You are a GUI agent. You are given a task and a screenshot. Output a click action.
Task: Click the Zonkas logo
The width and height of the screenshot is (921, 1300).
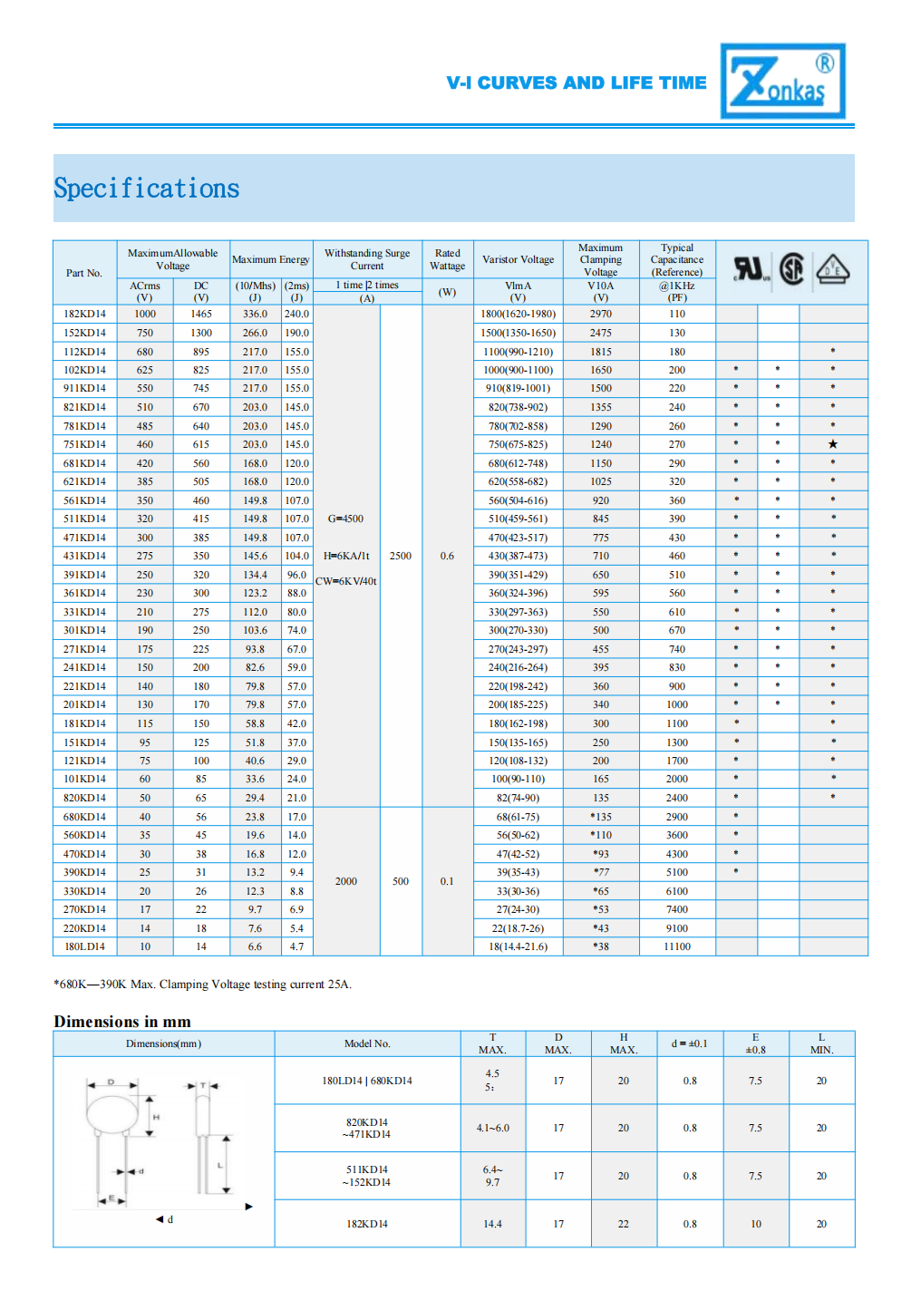click(782, 81)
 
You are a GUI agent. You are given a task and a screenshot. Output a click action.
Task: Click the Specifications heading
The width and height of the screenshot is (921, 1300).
click(147, 189)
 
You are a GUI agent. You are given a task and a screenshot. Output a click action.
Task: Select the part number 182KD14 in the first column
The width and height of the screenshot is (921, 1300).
click(84, 315)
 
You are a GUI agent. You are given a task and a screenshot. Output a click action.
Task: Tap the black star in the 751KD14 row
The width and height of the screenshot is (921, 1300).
click(832, 444)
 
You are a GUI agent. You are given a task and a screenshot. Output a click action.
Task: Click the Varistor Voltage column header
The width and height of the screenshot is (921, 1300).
click(518, 260)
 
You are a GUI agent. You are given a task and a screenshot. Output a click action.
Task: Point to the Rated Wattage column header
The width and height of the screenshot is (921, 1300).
click(447, 260)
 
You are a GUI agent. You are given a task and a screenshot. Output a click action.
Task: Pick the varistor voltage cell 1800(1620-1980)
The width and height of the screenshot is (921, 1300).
click(518, 315)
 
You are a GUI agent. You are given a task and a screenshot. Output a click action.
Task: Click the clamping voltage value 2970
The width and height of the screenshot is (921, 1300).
click(600, 315)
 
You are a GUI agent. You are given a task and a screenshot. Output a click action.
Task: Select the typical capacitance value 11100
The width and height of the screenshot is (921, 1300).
click(676, 946)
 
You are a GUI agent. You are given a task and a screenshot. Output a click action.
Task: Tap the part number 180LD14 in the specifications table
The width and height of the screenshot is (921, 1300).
click(84, 946)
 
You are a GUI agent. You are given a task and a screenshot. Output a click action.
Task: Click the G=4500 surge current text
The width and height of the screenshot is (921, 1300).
click(345, 519)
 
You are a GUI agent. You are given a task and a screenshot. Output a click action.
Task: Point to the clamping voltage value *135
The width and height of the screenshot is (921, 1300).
click(600, 817)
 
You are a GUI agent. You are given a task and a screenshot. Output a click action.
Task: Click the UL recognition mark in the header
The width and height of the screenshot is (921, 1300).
click(751, 269)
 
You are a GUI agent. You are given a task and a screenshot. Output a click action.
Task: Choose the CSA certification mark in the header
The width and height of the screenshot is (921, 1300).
click(791, 269)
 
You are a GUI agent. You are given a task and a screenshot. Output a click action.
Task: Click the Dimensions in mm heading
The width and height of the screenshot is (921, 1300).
click(122, 1022)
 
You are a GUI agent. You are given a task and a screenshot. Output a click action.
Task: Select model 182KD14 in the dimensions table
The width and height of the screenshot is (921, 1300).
click(367, 1224)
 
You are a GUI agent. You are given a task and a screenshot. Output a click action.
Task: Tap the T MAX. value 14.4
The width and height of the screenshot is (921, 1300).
click(492, 1224)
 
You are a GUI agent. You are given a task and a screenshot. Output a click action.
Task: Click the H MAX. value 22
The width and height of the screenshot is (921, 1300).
click(623, 1224)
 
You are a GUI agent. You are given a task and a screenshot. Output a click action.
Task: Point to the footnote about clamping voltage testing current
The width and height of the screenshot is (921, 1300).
click(202, 985)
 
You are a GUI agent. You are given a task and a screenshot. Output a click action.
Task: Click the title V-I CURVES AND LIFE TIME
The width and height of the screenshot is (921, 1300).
click(576, 83)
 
